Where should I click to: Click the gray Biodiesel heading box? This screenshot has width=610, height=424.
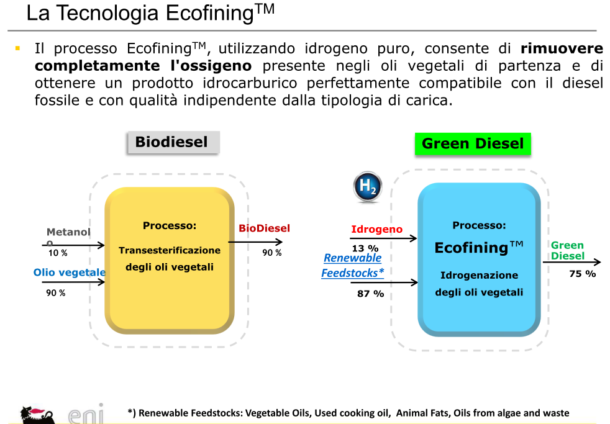[173, 143]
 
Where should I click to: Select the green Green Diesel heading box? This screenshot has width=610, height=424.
[473, 144]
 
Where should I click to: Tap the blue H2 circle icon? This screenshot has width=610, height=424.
[368, 186]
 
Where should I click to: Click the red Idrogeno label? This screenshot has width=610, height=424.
[376, 229]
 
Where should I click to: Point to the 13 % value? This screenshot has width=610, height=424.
[365, 248]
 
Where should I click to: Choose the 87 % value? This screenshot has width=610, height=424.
[370, 294]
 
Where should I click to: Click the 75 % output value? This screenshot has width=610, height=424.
[583, 274]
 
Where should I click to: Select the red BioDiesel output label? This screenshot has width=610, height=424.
[264, 228]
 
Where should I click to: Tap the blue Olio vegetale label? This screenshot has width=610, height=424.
[69, 273]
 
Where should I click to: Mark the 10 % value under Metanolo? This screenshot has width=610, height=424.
[58, 253]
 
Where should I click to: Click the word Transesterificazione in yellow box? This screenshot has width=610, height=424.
[170, 250]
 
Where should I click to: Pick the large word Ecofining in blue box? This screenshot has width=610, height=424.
[471, 248]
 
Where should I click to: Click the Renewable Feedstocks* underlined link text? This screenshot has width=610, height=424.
[352, 266]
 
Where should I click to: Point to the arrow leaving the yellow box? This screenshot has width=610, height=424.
[255, 242]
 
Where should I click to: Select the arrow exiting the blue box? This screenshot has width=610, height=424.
[572, 263]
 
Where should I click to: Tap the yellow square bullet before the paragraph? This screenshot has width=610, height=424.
[17, 48]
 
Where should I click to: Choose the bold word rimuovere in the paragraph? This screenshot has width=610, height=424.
[562, 48]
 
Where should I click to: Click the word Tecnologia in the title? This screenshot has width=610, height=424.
[107, 13]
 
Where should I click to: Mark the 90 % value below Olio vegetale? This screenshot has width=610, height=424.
[56, 293]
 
